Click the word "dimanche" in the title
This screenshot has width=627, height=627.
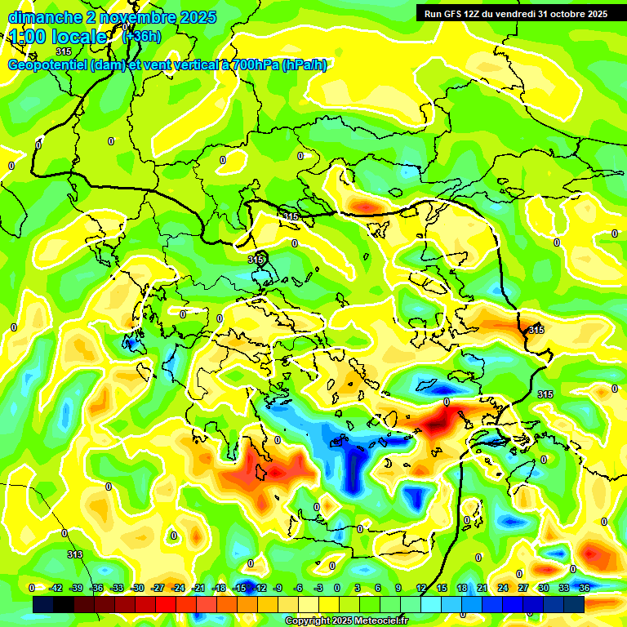(42, 17)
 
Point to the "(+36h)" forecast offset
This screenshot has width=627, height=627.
(141, 36)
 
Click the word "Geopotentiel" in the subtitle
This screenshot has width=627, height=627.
(51, 65)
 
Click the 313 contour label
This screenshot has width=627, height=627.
(74, 554)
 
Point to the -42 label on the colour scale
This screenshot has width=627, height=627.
(56, 588)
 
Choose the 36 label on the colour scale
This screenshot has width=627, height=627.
(585, 588)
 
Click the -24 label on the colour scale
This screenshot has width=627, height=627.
(178, 588)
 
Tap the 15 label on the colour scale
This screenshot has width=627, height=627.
(442, 588)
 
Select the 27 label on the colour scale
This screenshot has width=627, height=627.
(523, 588)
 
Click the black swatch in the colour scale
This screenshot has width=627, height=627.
(43, 604)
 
